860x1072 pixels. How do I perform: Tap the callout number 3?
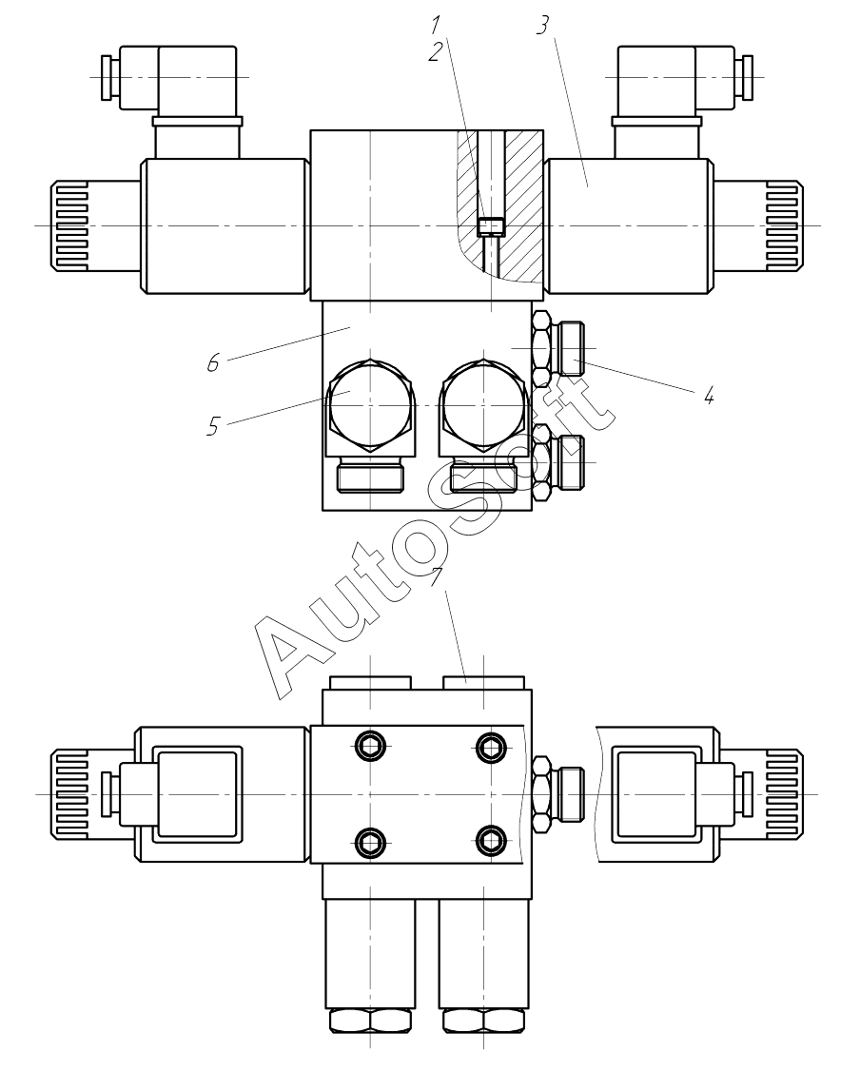[541, 26]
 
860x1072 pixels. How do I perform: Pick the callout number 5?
[214, 426]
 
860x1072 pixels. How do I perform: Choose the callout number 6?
[214, 362]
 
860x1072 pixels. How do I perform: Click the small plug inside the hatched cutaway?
[491, 226]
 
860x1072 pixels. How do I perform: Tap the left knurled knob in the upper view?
[68, 225]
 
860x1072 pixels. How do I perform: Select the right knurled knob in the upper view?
[782, 225]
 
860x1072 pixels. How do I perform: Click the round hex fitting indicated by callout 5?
[370, 403]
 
